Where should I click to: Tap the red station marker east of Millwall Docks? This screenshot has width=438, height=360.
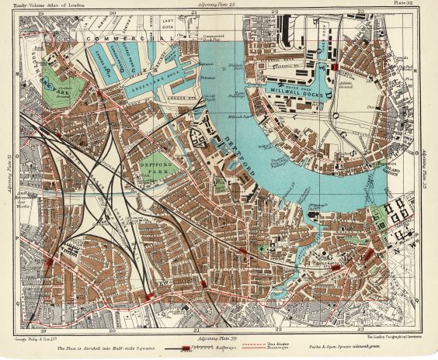click(334, 67)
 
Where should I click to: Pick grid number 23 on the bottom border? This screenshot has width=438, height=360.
click(360, 331)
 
